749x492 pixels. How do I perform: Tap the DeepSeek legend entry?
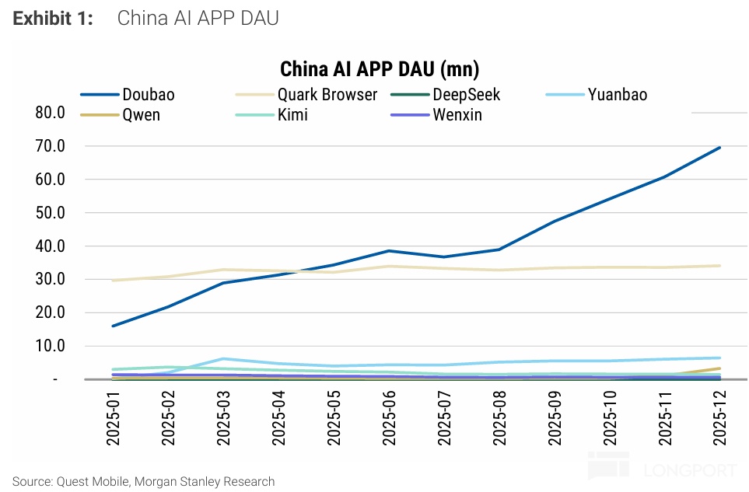tap(466, 95)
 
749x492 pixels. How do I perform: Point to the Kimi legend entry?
tap(292, 115)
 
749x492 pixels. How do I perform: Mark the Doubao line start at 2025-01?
tap(114, 326)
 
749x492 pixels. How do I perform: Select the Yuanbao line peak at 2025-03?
tap(223, 359)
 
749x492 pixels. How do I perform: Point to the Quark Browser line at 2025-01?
tap(114, 280)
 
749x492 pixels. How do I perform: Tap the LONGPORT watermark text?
tap(689, 470)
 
